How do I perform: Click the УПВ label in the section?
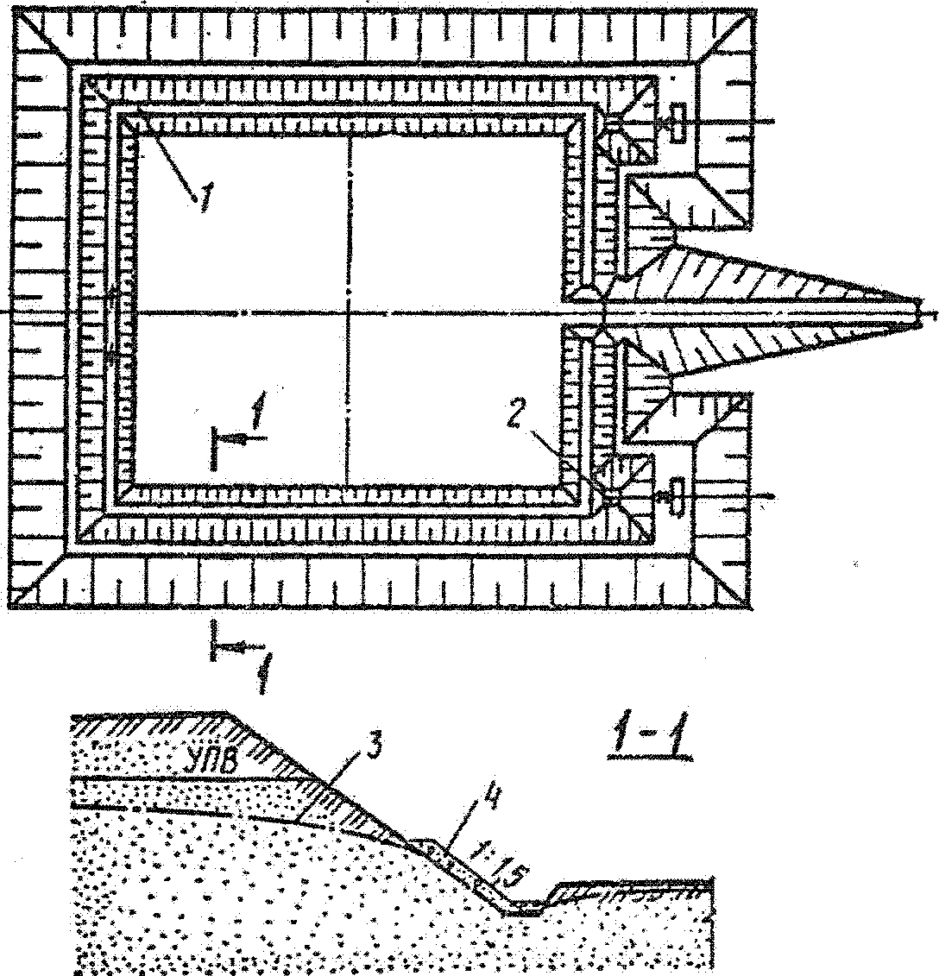pyautogui.click(x=211, y=761)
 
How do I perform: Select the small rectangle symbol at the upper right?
pyautogui.click(x=676, y=124)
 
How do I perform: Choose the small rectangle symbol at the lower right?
pyautogui.click(x=676, y=495)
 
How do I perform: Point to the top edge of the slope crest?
pyautogui.click(x=226, y=714)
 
